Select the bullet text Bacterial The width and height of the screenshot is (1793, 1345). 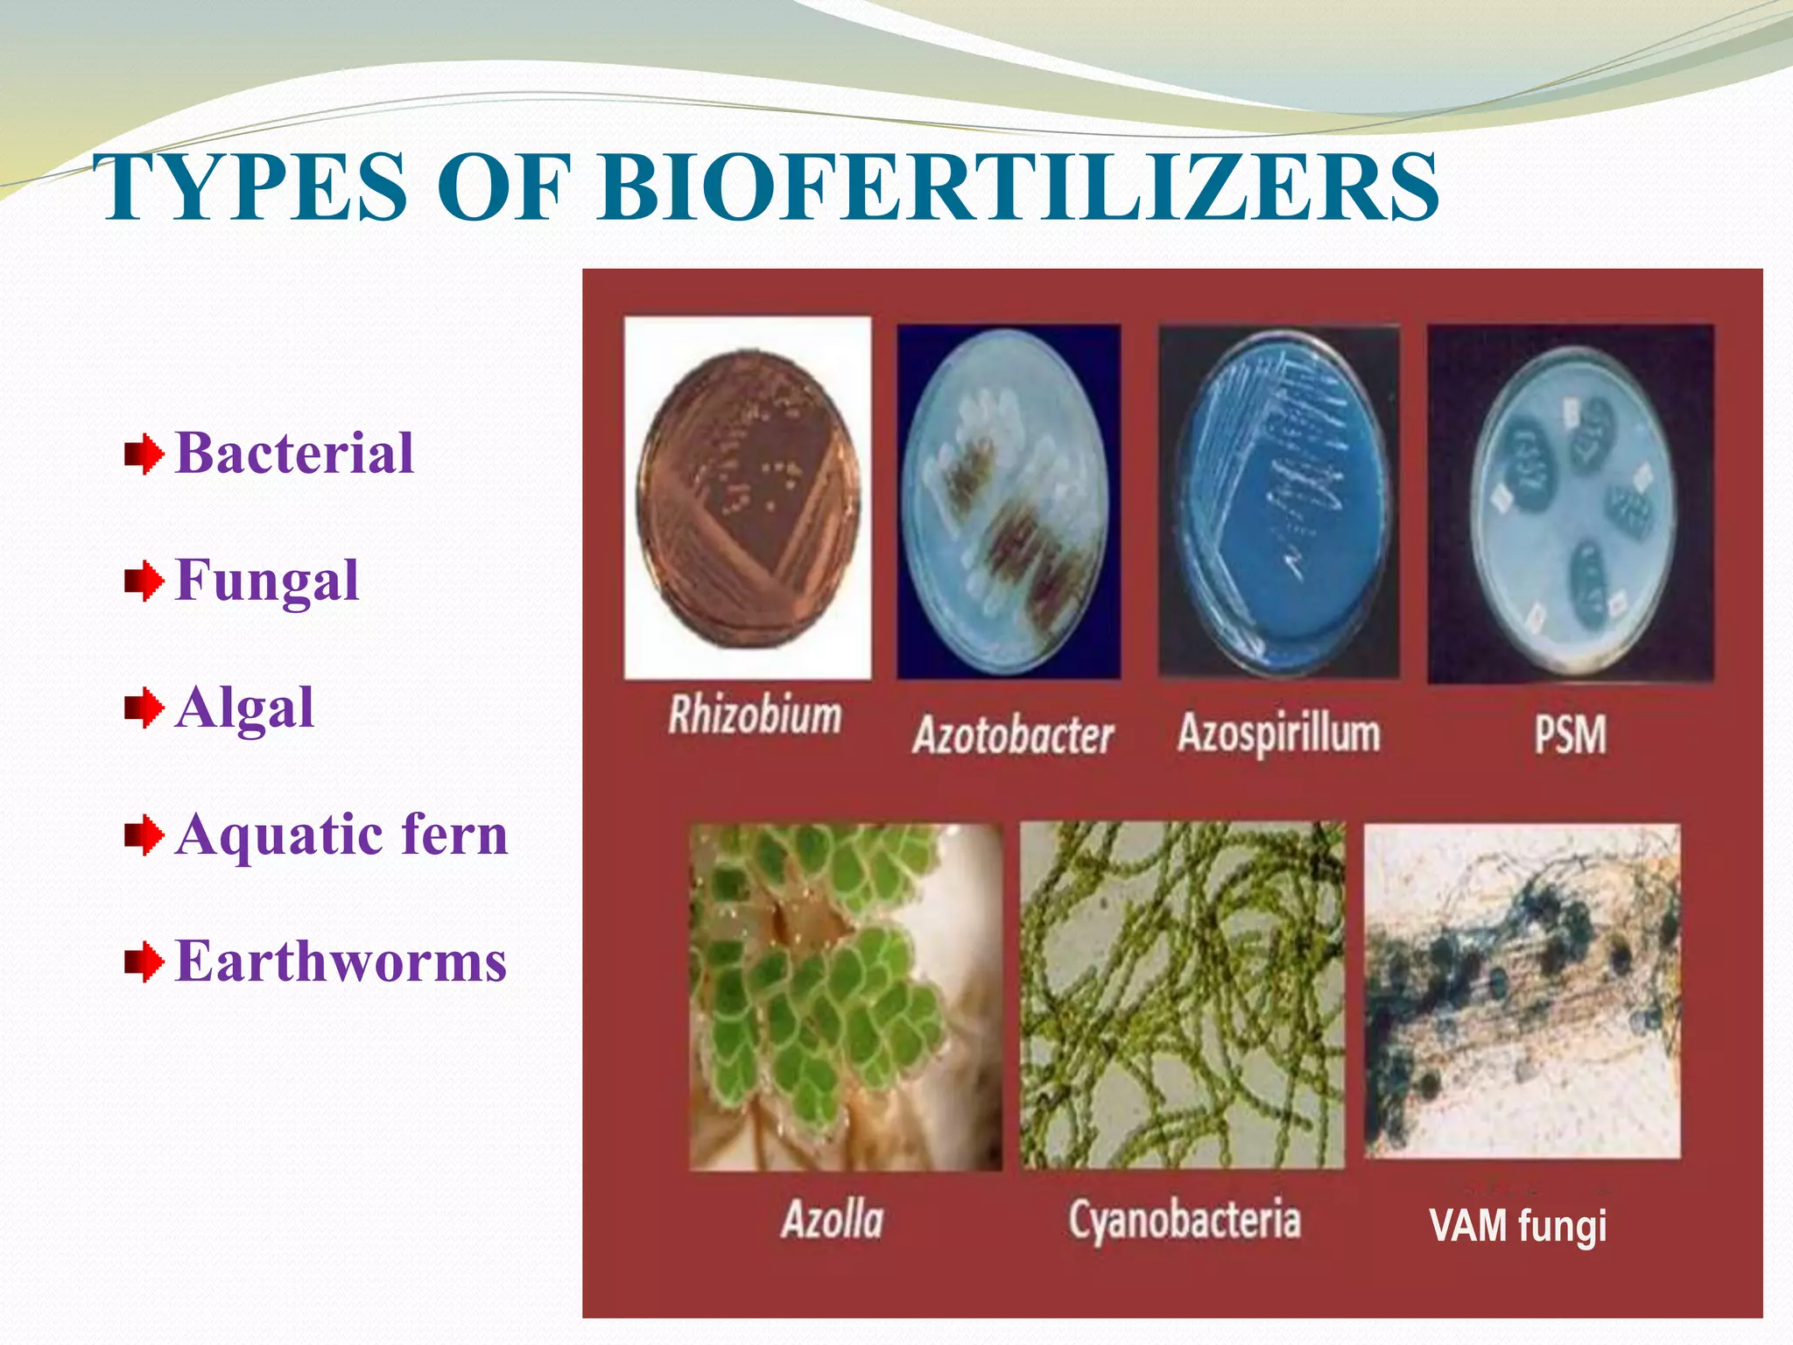point(294,454)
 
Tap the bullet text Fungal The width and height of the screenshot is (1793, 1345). point(267,581)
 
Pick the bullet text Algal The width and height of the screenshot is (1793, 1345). point(244,708)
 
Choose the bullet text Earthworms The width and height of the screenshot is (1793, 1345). point(341,961)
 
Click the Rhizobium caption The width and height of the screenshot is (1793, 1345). point(755,715)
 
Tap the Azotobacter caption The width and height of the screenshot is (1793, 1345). point(1013,735)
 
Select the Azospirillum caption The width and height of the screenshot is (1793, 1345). point(1279,733)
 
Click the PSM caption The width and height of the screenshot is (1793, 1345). point(1571,735)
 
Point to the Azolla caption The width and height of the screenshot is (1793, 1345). point(833,1219)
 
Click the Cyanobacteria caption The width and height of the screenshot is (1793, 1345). point(1185,1219)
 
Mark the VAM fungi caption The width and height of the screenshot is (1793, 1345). point(1518,1225)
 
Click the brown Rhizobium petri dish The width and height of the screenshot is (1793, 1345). point(748,497)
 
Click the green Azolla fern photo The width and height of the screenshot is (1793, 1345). point(845,996)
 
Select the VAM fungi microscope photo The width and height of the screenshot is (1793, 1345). point(1522,989)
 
